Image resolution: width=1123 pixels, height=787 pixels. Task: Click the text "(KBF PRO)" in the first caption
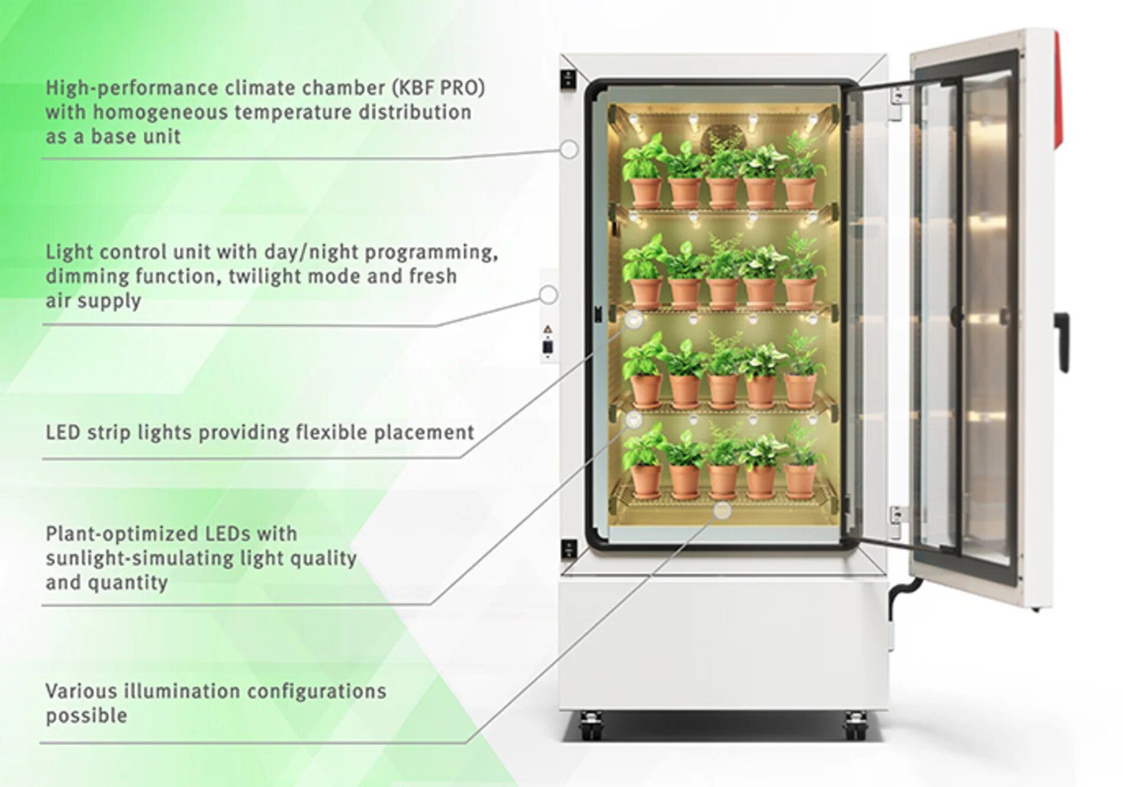(x=437, y=88)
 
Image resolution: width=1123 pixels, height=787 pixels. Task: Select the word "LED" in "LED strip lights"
(x=63, y=432)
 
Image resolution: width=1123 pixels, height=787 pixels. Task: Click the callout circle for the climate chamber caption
(x=569, y=149)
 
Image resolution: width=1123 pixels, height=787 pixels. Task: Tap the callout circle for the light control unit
(x=548, y=295)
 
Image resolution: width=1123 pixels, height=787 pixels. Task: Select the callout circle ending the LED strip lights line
(x=634, y=320)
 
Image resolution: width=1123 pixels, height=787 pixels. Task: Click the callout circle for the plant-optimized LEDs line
(x=634, y=419)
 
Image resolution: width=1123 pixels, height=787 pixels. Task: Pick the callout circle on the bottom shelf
(x=722, y=510)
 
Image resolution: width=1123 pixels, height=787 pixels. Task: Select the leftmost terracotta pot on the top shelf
(x=645, y=193)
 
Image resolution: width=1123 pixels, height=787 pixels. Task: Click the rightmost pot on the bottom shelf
(x=800, y=481)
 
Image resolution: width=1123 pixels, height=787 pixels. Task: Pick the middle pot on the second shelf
(x=723, y=294)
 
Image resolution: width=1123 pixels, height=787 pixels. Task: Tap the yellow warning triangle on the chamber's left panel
(x=548, y=330)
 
